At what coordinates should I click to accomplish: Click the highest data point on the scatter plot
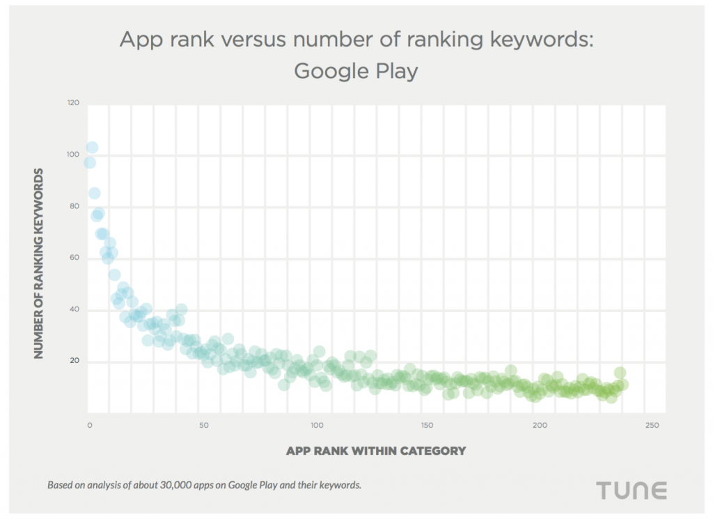(x=92, y=148)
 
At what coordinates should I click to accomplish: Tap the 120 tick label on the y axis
(x=73, y=103)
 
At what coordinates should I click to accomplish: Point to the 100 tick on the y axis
(x=73, y=155)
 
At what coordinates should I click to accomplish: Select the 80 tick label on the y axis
(x=74, y=206)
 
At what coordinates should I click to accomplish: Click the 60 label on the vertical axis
(x=74, y=258)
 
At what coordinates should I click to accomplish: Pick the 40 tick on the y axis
(x=74, y=309)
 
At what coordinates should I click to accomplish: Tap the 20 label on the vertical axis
(x=74, y=361)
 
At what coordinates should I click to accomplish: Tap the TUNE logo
(x=632, y=490)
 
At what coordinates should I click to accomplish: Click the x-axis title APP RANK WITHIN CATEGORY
(x=375, y=451)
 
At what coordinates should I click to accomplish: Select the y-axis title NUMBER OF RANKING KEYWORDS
(x=39, y=263)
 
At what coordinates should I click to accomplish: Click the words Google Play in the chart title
(x=355, y=71)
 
